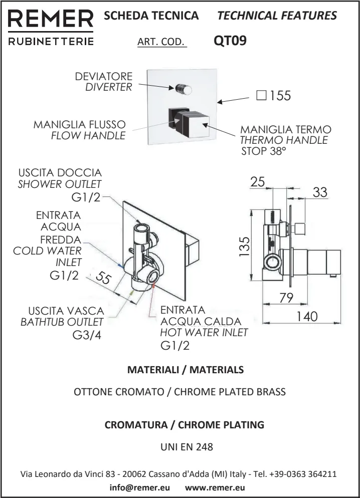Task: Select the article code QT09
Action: tap(230, 41)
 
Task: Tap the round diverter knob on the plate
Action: tap(184, 89)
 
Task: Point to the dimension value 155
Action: tap(280, 96)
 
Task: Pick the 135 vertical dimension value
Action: tap(245, 246)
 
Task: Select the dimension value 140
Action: tap(307, 316)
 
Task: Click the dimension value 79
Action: tap(286, 298)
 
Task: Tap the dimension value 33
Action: tap(320, 192)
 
